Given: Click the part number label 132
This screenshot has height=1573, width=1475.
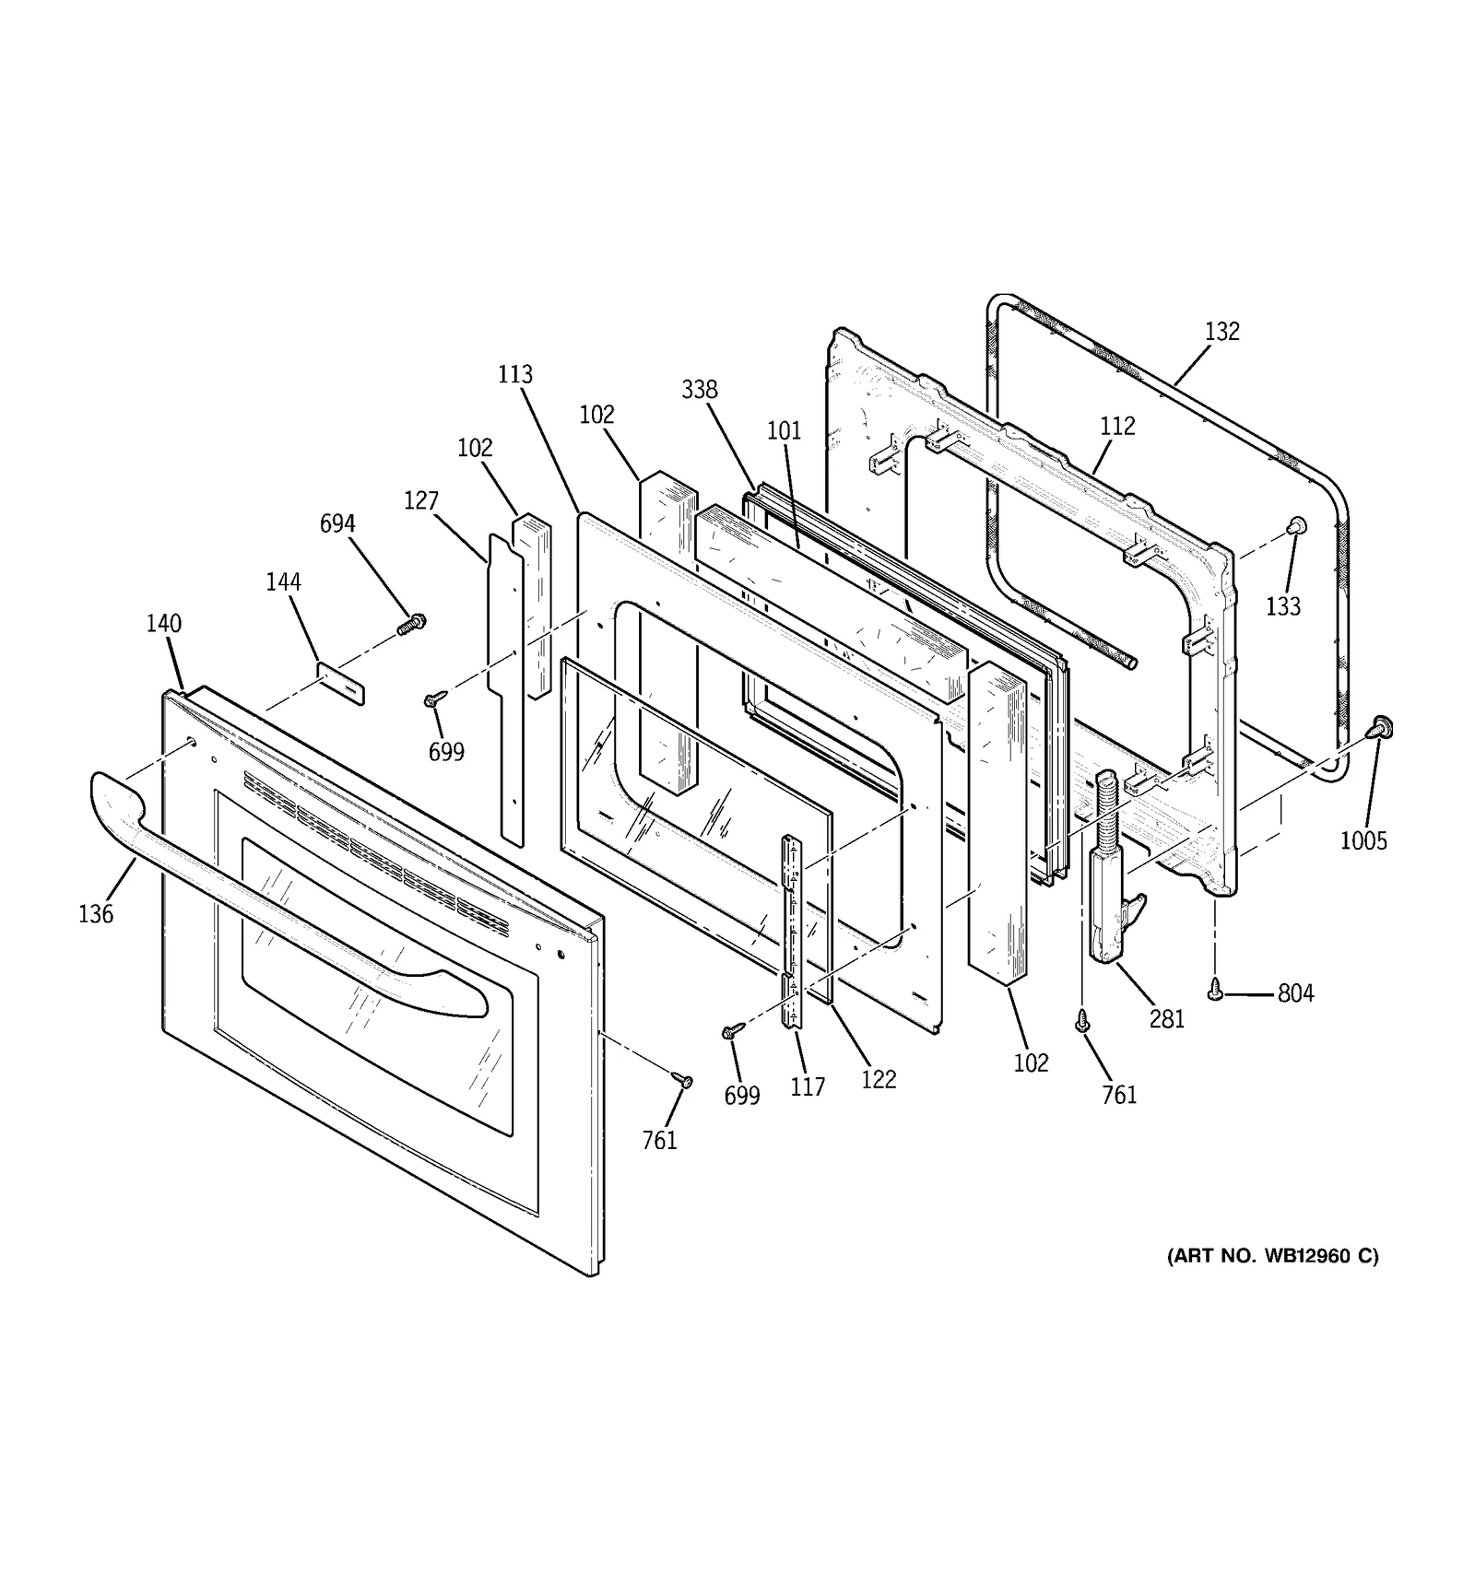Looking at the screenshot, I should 1221,332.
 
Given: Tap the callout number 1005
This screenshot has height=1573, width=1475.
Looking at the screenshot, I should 1363,840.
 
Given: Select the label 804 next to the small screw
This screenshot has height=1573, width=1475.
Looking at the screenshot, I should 1295,993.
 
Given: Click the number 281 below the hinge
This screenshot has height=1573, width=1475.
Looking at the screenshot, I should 1166,1019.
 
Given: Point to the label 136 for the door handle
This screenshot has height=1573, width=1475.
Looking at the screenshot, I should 96,914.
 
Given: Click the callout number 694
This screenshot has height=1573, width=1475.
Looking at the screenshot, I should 337,524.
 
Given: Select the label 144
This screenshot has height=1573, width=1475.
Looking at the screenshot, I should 283,582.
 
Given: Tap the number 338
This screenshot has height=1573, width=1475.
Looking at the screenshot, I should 699,390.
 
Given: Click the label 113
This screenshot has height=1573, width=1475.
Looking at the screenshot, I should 515,375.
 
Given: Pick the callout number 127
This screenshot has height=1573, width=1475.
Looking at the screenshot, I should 420,501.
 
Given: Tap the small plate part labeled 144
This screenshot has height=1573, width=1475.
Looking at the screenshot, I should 341,682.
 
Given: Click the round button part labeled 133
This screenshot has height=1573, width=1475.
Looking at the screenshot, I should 1295,525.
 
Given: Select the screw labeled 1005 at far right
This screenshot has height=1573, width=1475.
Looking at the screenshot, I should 1380,727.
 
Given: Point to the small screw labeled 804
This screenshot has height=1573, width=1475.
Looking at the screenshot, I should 1216,991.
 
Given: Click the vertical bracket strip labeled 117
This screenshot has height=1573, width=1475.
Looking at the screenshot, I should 791,931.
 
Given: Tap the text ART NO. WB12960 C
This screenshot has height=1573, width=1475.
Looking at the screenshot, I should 1272,1256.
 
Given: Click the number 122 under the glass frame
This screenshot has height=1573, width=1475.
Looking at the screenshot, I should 878,1080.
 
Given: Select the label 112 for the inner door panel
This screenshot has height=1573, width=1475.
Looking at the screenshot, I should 1116,427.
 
